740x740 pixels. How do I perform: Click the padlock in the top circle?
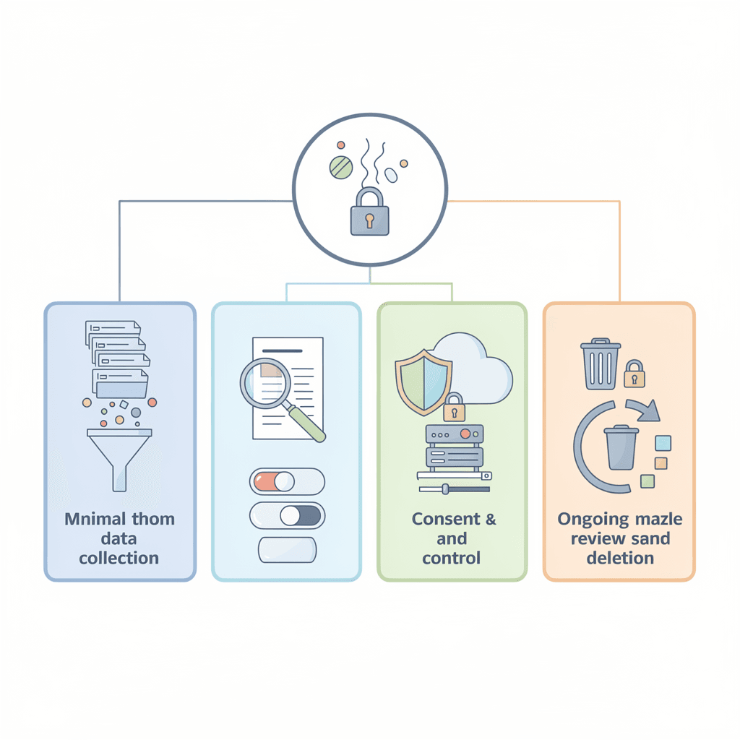369,213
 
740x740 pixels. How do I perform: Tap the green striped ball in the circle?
340,167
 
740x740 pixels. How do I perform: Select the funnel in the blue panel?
120,455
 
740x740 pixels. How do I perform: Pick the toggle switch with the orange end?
287,481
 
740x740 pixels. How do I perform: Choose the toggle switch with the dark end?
287,515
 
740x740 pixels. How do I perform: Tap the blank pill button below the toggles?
287,549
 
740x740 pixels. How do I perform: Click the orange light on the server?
465,434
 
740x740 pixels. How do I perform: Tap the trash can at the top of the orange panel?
601,365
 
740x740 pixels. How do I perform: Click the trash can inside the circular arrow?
621,448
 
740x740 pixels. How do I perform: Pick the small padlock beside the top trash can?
634,374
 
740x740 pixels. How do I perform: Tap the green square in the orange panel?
647,481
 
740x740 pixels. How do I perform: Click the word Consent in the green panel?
446,519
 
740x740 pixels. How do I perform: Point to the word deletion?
620,558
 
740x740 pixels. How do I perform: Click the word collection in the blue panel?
119,558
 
